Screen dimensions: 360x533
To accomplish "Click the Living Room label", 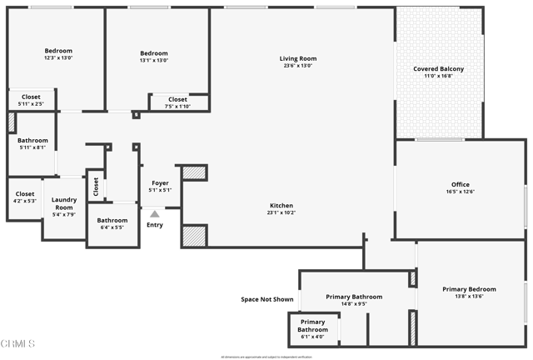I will point(297,58).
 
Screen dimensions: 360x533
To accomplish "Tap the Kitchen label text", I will point(281,206).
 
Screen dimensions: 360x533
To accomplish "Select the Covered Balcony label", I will point(439,68).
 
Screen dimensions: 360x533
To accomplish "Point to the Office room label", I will point(461,185).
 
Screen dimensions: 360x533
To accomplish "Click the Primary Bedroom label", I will point(469,289).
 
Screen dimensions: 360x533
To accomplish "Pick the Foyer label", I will point(160,182).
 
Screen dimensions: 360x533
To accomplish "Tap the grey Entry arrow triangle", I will point(154,214).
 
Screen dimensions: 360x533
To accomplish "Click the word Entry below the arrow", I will point(155,225).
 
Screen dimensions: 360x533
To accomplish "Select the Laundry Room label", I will point(64,203).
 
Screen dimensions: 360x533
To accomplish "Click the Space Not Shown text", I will point(266,299).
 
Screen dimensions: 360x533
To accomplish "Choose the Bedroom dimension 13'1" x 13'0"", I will point(154,61).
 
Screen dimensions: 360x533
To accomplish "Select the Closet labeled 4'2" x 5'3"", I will point(25,201).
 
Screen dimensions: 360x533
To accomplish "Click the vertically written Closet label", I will point(96,187).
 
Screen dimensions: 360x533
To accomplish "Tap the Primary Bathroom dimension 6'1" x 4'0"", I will point(313,337).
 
